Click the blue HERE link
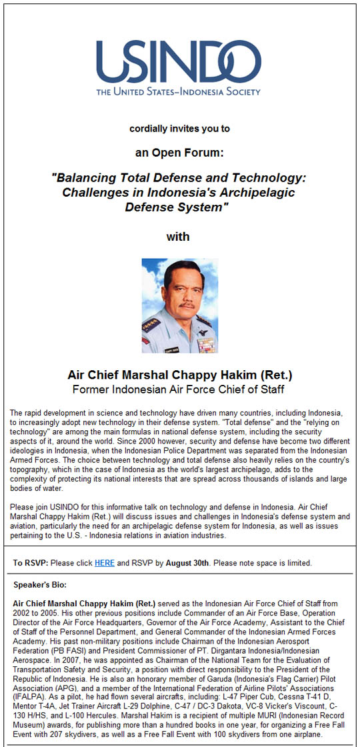104,563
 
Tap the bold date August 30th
187,563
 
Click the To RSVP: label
31,563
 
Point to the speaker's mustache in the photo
187,305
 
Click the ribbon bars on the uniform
206,344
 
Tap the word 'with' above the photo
177,237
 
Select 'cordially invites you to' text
179,129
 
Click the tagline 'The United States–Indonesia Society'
179,91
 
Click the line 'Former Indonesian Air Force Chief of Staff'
179,390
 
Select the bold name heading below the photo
180,375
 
